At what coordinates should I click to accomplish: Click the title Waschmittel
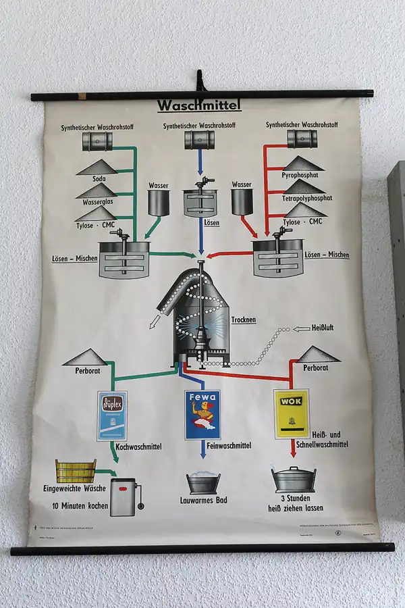click(x=198, y=106)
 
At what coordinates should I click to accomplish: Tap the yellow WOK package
click(x=292, y=413)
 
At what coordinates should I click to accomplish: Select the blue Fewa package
click(x=202, y=415)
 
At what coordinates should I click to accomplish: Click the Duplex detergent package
click(x=112, y=415)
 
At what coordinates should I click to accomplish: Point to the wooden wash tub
click(x=75, y=470)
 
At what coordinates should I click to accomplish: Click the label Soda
click(x=100, y=179)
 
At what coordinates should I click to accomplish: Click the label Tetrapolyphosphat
click(x=307, y=199)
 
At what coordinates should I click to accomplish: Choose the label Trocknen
click(x=244, y=320)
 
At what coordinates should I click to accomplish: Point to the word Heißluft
click(x=323, y=328)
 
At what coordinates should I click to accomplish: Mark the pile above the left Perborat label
click(x=86, y=357)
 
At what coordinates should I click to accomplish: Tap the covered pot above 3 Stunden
click(x=294, y=479)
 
